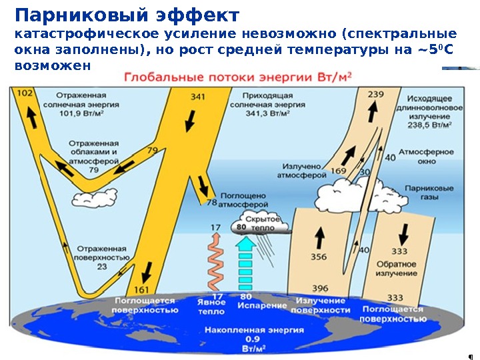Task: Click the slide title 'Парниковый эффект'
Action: pos(127,15)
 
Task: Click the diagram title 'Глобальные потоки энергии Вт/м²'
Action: pos(241,77)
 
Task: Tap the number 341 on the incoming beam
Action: pos(198,97)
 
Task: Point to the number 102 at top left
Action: pos(23,94)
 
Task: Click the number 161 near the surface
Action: pos(142,289)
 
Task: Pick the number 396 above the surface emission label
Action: pos(320,287)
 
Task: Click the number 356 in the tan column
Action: pos(319,257)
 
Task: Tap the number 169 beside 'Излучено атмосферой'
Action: pos(338,171)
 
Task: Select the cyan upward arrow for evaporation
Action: pos(246,263)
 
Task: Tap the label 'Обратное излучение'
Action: pos(400,269)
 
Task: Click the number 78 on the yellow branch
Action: pos(212,201)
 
